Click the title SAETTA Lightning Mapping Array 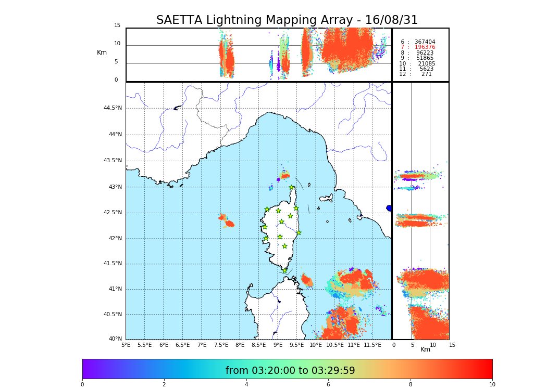pos(287,20)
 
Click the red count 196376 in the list pos(425,47)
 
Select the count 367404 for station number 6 pos(425,42)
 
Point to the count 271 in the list pos(426,74)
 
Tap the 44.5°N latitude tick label pos(113,108)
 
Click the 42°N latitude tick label pos(115,239)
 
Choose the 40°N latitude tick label pos(115,339)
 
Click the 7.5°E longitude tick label pos(221,345)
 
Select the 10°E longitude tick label pos(316,345)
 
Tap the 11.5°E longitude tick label pos(372,345)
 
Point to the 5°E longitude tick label pos(126,345)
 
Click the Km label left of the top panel pos(102,53)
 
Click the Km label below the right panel pos(425,349)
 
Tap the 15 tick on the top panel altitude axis pos(117,25)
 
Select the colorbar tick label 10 pos(492,385)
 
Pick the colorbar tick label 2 pos(164,385)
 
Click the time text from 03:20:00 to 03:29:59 pos(290,371)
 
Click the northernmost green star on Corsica pos(292,188)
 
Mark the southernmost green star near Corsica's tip pos(284,270)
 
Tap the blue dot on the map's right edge pos(389,208)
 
